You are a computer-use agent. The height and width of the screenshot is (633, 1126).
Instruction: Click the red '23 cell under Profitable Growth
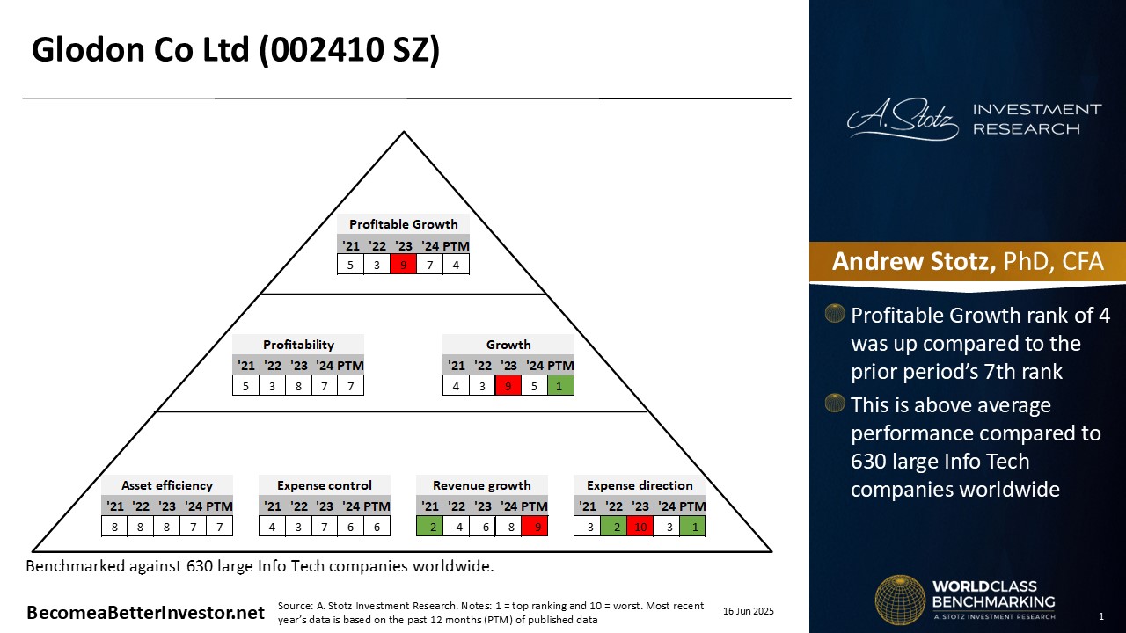[403, 265]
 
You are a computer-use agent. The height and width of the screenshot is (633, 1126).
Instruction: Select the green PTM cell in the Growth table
[560, 385]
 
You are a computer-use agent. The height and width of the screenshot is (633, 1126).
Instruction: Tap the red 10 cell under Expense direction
[640, 527]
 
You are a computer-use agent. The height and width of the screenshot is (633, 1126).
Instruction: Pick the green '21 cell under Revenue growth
[430, 527]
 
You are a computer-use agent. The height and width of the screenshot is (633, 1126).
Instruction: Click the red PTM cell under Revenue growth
[534, 527]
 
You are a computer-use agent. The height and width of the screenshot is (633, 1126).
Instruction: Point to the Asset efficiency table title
[167, 485]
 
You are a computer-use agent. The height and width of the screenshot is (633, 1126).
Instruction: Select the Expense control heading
[325, 485]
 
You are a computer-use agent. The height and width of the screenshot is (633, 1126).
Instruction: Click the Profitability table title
[298, 345]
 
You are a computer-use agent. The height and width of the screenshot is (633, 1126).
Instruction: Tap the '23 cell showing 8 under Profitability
[298, 385]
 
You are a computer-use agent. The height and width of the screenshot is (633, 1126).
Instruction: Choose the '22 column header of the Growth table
[483, 366]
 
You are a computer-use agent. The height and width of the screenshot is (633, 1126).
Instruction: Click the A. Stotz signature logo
[903, 119]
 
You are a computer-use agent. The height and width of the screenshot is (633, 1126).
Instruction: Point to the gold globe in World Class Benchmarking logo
[900, 600]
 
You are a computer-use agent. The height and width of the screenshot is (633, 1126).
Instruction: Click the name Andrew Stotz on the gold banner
[913, 261]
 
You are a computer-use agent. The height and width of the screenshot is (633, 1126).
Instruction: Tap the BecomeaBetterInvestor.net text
[145, 613]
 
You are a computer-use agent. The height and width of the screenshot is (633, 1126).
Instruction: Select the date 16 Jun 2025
[749, 611]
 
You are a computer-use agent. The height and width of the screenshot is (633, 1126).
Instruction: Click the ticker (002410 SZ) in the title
[349, 50]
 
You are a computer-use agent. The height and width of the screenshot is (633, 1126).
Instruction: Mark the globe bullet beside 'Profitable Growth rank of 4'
[835, 314]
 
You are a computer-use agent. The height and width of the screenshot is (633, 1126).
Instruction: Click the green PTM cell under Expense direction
[692, 527]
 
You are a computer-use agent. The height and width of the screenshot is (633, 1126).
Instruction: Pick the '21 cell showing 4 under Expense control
[272, 527]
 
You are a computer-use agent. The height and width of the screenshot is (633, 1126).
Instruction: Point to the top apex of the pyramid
[404, 132]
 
